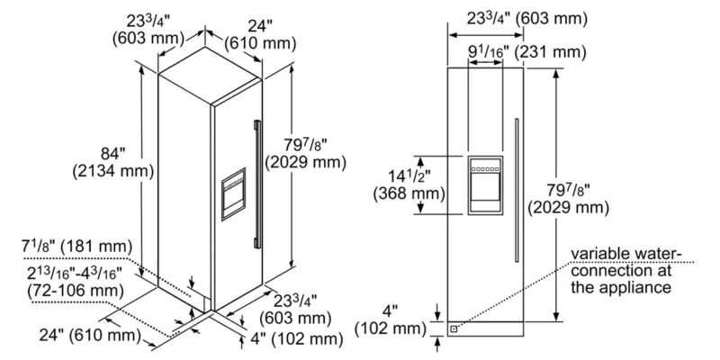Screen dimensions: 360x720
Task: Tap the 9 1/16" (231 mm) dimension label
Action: (x=526, y=52)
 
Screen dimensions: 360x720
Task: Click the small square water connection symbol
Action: (x=454, y=328)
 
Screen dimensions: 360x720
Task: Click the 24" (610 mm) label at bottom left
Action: (x=85, y=335)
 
